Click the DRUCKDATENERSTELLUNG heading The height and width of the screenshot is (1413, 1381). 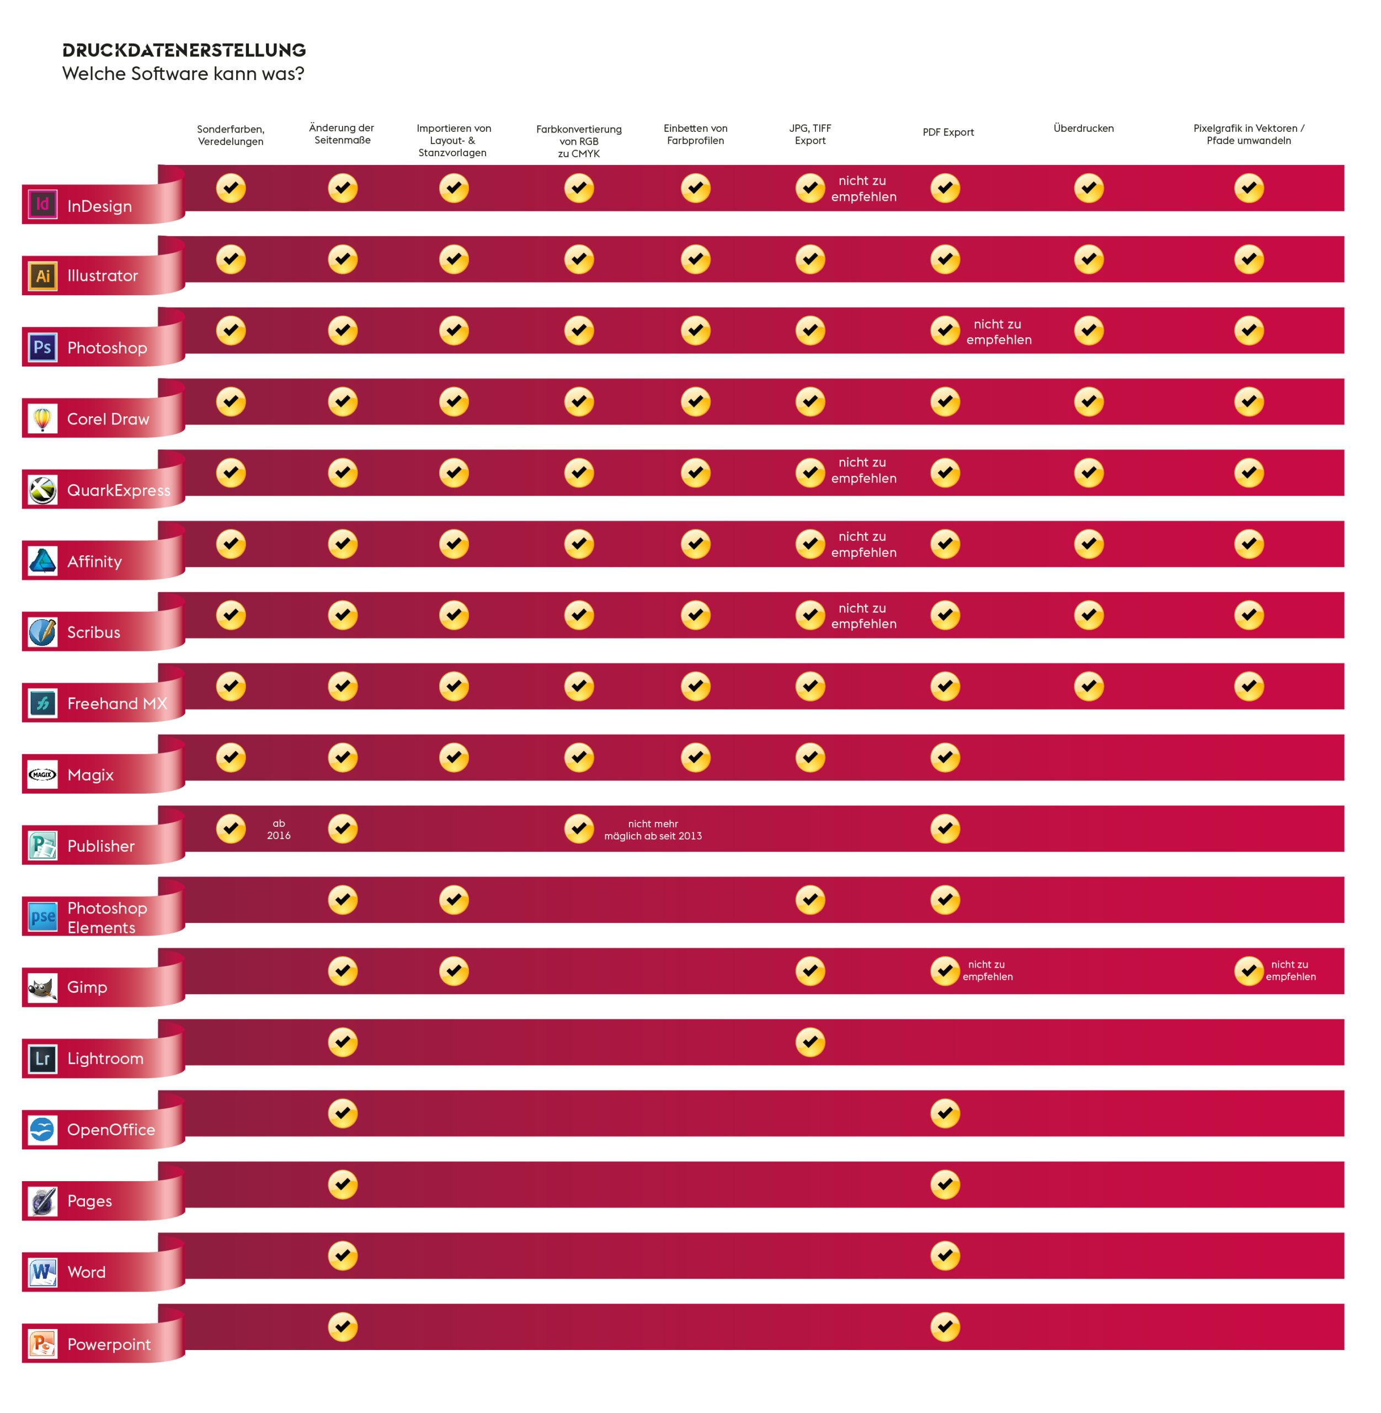(184, 50)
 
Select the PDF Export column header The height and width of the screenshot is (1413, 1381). (947, 132)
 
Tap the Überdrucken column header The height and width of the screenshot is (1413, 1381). (1083, 129)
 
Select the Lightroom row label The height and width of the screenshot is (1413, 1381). (105, 1058)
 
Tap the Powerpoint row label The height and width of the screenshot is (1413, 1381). (109, 1344)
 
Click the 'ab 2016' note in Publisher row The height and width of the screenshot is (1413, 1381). (279, 829)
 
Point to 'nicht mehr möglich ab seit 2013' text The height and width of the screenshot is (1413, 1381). (653, 830)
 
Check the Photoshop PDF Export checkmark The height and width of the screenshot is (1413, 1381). (945, 330)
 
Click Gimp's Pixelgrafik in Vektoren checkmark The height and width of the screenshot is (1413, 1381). (1248, 970)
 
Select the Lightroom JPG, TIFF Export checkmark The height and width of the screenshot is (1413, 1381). (809, 1042)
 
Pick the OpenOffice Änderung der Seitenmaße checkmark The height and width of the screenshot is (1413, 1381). (342, 1113)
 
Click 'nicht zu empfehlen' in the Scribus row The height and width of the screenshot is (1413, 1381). (863, 615)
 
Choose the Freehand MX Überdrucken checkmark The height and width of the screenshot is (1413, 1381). (1088, 686)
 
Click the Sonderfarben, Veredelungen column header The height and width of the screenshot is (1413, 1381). (231, 135)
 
